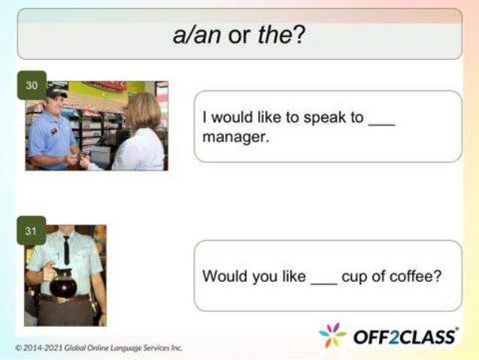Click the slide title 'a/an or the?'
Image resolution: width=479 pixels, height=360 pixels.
coord(239,35)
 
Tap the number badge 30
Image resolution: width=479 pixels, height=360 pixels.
coord(32,85)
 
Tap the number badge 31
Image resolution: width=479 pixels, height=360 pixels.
coord(32,231)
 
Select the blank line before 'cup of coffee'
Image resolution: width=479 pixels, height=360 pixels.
coord(324,277)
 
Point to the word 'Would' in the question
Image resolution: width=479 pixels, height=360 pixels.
coord(221,276)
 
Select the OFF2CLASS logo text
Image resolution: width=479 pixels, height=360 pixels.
coord(405,336)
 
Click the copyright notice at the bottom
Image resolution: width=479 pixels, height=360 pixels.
coord(98,348)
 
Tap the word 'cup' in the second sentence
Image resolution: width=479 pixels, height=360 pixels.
coord(353,277)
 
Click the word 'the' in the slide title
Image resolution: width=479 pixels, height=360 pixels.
coord(277,35)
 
